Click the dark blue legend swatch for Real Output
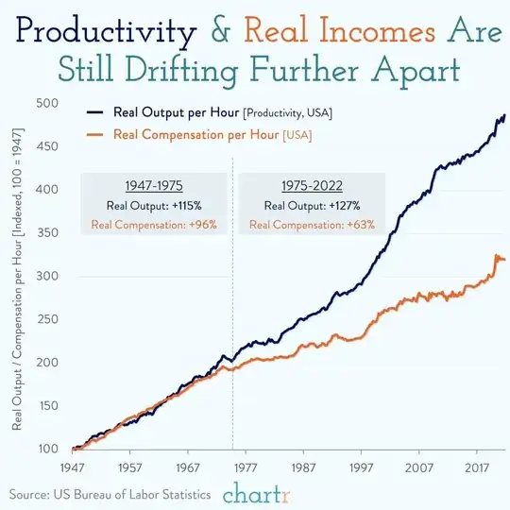(94, 113)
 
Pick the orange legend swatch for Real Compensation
(94, 133)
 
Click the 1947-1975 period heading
(153, 187)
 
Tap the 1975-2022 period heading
(312, 187)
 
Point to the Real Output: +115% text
(153, 206)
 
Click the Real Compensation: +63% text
(312, 225)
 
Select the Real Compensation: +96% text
(153, 225)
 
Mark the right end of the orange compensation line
(504, 259)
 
